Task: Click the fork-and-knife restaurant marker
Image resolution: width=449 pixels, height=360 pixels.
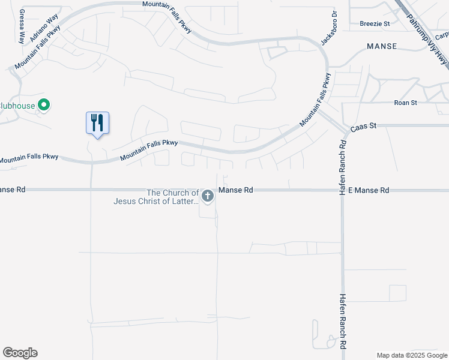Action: pyautogui.click(x=97, y=123)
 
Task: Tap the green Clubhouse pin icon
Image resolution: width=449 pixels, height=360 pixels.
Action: pyautogui.click(x=43, y=106)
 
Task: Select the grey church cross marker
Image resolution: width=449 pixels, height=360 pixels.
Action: pyautogui.click(x=208, y=196)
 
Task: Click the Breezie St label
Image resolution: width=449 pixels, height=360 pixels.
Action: pyautogui.click(x=375, y=23)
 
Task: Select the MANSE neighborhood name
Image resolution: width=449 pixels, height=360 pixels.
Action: pyautogui.click(x=382, y=46)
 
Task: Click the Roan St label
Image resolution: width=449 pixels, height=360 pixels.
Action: pyautogui.click(x=405, y=103)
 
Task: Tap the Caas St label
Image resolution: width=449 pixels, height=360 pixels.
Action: pyautogui.click(x=364, y=126)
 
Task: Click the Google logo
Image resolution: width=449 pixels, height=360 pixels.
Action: pyautogui.click(x=20, y=353)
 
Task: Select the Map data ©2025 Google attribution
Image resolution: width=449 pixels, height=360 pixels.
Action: pyautogui.click(x=412, y=355)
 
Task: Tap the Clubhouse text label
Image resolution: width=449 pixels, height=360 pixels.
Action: pyautogui.click(x=16, y=106)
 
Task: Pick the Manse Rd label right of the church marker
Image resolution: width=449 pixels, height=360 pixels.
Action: pyautogui.click(x=235, y=190)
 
